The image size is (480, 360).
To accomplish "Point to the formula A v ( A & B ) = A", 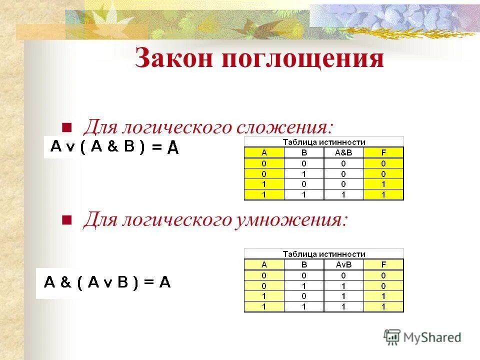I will coord(114,147).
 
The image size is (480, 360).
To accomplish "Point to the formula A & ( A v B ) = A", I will coord(107,282).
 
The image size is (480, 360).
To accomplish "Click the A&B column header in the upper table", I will coord(343,152).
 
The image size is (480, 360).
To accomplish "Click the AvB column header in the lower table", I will coord(343,264).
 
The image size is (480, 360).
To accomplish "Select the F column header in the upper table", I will coord(383,152).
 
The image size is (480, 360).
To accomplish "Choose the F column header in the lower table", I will coord(383,264).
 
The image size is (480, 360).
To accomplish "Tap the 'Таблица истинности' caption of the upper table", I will coord(323,142).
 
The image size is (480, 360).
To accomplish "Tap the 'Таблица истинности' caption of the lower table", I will coord(323,254).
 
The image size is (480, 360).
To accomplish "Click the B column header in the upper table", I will coord(304,152).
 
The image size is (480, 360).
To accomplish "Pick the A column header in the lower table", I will coord(264,264).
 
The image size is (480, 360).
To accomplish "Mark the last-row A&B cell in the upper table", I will coord(343,195).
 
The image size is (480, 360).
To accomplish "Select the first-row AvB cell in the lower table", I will coord(343,275).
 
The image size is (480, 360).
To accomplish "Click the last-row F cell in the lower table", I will coord(383,307).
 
